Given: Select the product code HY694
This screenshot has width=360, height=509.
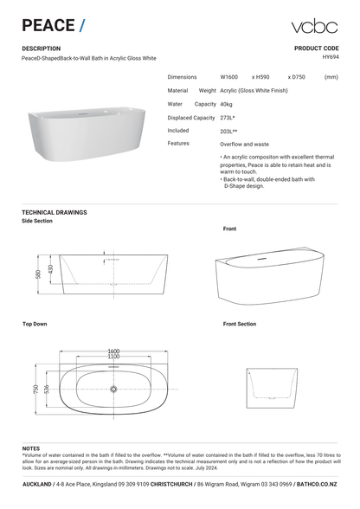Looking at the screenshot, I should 329,58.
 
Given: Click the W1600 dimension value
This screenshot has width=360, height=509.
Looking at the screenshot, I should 230,77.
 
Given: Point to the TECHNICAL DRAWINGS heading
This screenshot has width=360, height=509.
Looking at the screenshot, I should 55,212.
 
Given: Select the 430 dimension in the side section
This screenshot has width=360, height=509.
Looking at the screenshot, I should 50,269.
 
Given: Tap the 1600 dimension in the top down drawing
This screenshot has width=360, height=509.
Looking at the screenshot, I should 113,350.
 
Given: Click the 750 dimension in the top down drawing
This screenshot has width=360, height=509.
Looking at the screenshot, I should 36,390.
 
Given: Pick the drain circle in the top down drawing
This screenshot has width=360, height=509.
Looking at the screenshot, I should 113,390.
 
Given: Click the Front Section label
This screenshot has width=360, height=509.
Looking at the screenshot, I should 240,324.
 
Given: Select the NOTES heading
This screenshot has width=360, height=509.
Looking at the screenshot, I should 31,448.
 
